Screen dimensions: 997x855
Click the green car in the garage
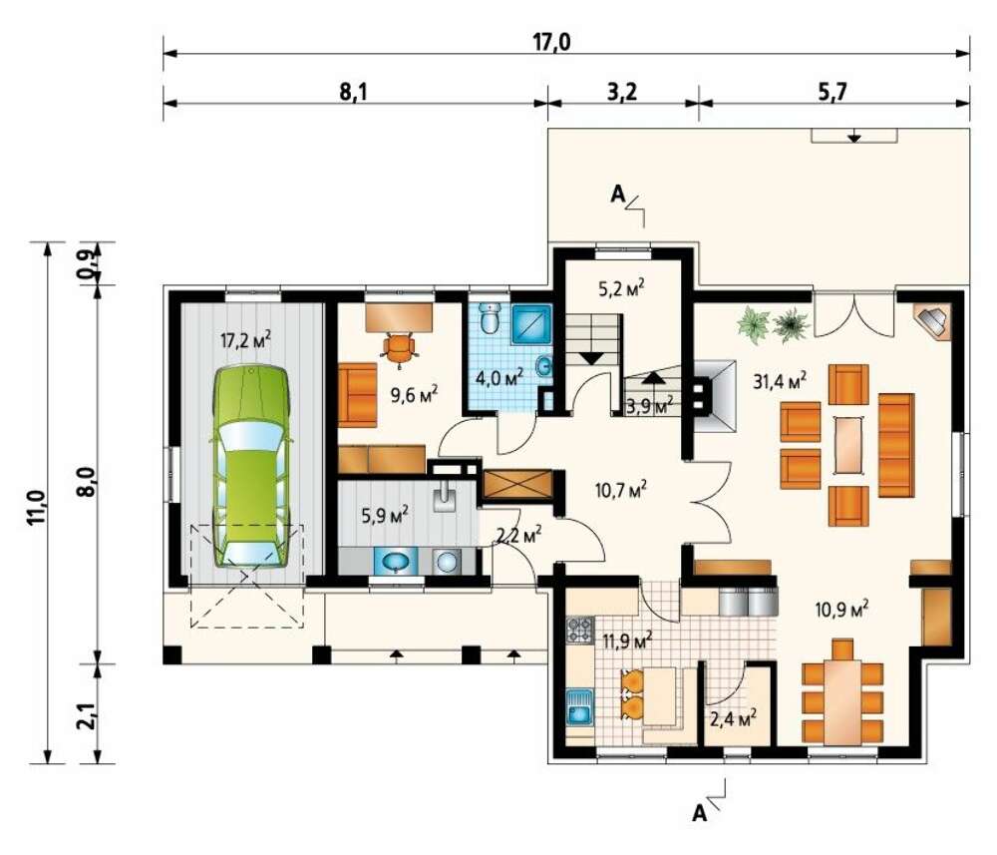point(252,466)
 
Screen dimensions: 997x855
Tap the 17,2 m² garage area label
point(245,340)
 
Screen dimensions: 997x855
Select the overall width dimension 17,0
point(551,42)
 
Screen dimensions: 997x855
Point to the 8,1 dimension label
point(354,92)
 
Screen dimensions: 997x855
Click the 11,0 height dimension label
point(36,507)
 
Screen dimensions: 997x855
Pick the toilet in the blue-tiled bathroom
point(491,317)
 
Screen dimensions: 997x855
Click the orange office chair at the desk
point(399,348)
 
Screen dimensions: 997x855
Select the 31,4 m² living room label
point(781,381)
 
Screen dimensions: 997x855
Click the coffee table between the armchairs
point(848,445)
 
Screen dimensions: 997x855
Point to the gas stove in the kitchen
point(580,630)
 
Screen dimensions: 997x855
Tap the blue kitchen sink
point(579,707)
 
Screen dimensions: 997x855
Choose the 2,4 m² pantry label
point(733,719)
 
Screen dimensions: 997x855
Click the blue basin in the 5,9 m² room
point(396,561)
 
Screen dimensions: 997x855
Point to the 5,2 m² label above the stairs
point(621,288)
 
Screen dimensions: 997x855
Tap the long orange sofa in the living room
point(896,445)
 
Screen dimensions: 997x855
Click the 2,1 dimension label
point(89,712)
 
